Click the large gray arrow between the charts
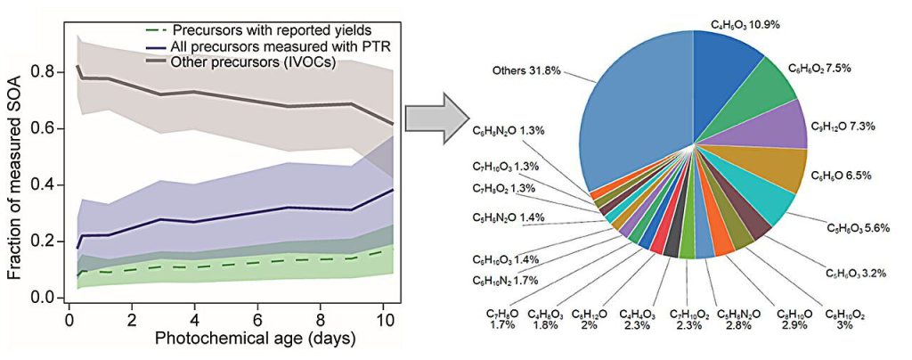[436, 117]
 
